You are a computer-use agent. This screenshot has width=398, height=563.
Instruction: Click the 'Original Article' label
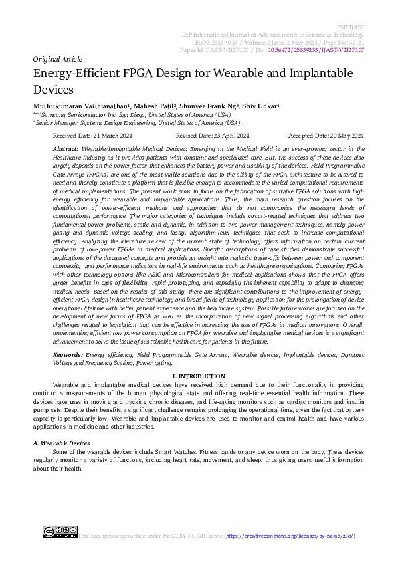pos(57,59)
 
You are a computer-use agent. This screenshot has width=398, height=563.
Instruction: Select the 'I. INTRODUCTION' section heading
pos(199,377)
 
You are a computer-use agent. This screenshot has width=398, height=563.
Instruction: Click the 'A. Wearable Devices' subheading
pos(61,443)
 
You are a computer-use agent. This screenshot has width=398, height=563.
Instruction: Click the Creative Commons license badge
pos(60,532)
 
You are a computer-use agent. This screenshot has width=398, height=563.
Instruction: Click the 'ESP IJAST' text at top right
pos(352,25)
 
